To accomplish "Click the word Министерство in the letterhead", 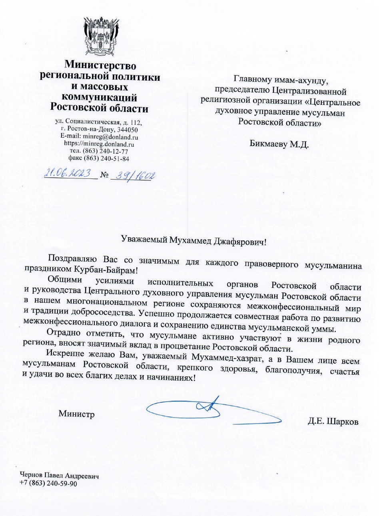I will coord(101,64).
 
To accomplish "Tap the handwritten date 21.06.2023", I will coord(68,174).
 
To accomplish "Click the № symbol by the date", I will coord(104,176).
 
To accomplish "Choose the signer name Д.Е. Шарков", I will coord(333,421).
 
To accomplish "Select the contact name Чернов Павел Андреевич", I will coord(59,476).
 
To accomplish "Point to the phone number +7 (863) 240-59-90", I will coord(48,484).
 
